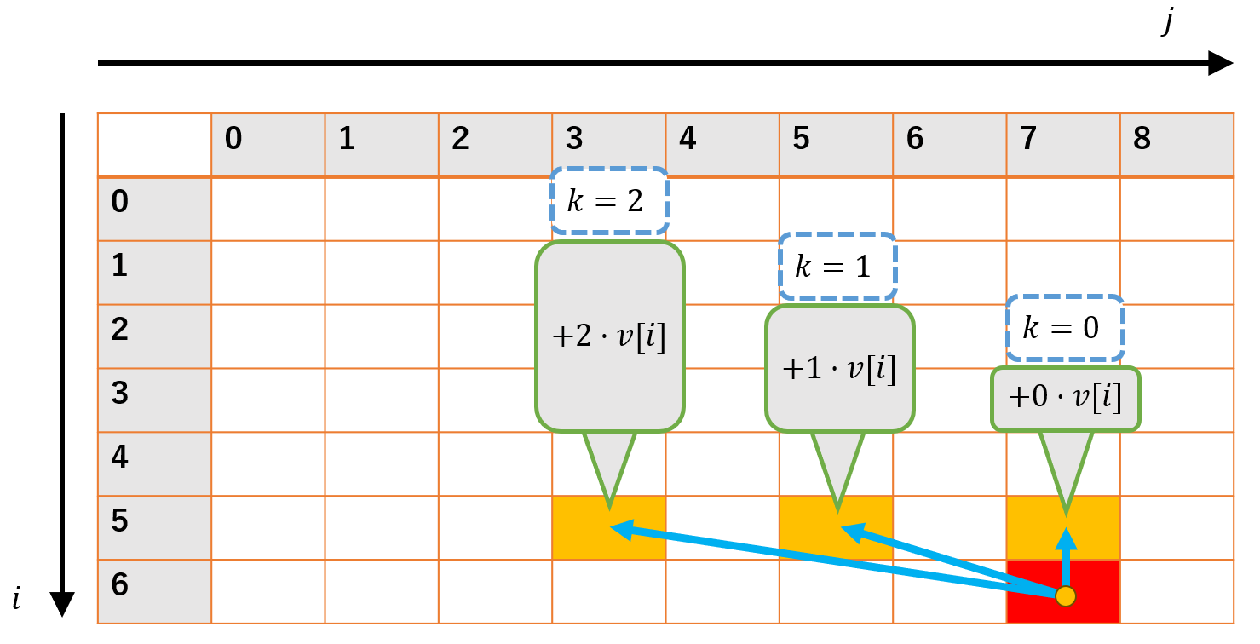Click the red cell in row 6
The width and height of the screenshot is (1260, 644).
(x=1062, y=591)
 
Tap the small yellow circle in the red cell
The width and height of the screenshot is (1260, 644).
(x=1065, y=596)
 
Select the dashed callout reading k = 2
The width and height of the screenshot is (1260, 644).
(x=609, y=201)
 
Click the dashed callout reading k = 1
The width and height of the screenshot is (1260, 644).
(x=837, y=266)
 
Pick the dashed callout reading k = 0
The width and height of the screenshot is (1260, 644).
(x=1065, y=328)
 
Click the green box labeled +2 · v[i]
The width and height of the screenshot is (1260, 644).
(x=609, y=336)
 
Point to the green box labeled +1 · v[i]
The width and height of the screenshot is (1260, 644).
(x=839, y=369)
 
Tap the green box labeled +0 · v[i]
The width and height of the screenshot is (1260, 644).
(x=1065, y=399)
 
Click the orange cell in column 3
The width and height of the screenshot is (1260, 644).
(x=609, y=528)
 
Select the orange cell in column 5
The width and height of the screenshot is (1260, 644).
(x=836, y=528)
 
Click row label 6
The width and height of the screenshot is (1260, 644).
(x=154, y=591)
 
